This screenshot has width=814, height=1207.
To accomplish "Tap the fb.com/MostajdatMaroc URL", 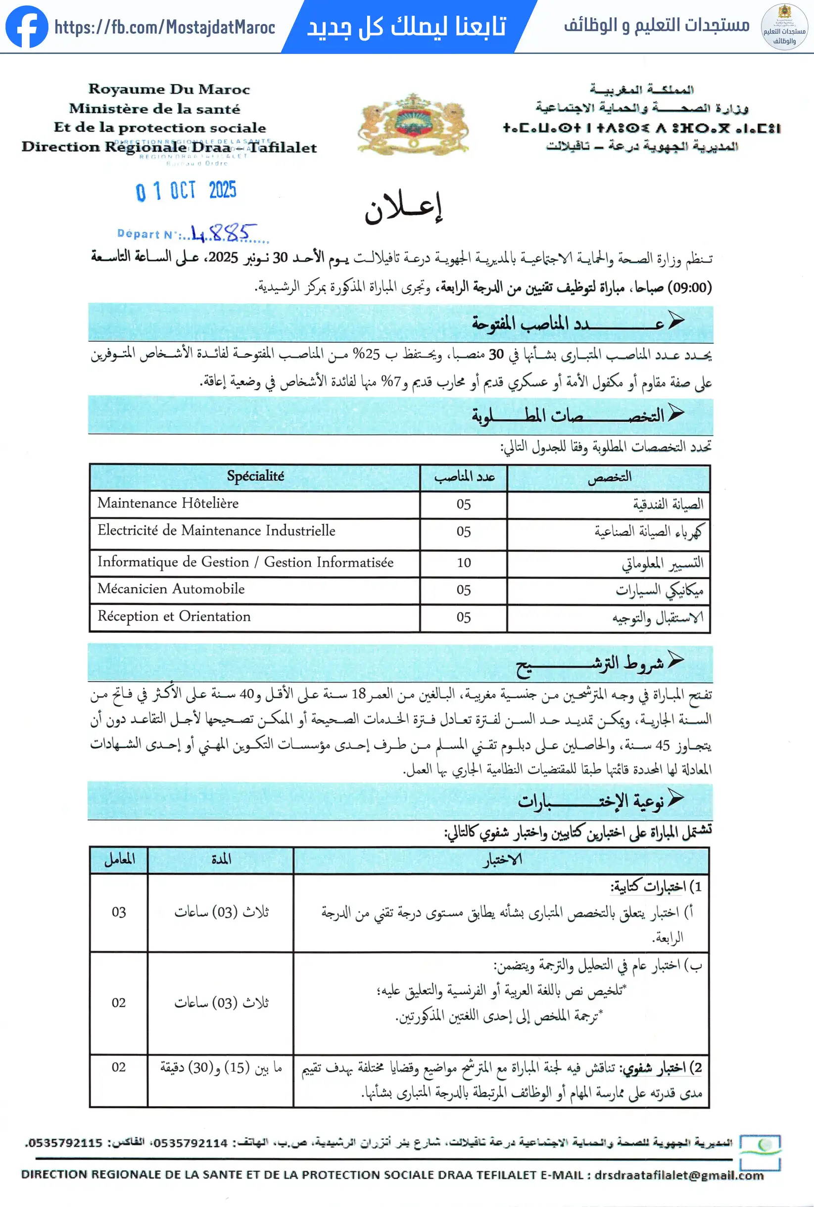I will [x=165, y=27].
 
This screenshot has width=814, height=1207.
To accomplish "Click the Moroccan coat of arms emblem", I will [x=413, y=124].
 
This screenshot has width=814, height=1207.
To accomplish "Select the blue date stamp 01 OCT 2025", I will [x=186, y=191].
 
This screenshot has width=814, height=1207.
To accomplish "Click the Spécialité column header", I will [x=255, y=476].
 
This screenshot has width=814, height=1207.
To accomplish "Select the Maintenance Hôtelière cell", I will [x=168, y=504].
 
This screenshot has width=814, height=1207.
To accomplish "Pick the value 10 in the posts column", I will [x=464, y=562].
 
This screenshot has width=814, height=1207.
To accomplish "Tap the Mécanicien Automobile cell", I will [x=171, y=589].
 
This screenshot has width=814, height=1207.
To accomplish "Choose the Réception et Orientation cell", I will [x=174, y=616].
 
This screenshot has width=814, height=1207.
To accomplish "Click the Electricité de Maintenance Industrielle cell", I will [x=216, y=530].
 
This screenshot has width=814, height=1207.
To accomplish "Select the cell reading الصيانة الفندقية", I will [x=668, y=504].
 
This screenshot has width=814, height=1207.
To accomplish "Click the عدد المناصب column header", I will [x=464, y=477].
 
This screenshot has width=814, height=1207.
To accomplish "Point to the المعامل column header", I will [x=119, y=859].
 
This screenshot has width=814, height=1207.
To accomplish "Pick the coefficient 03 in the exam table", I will [x=119, y=912].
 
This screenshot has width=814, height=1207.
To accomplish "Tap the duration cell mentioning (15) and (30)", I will [x=221, y=1068].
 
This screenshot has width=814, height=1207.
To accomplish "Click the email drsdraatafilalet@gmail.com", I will [x=678, y=1175].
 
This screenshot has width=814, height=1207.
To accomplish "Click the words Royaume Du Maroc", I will [x=169, y=89].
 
